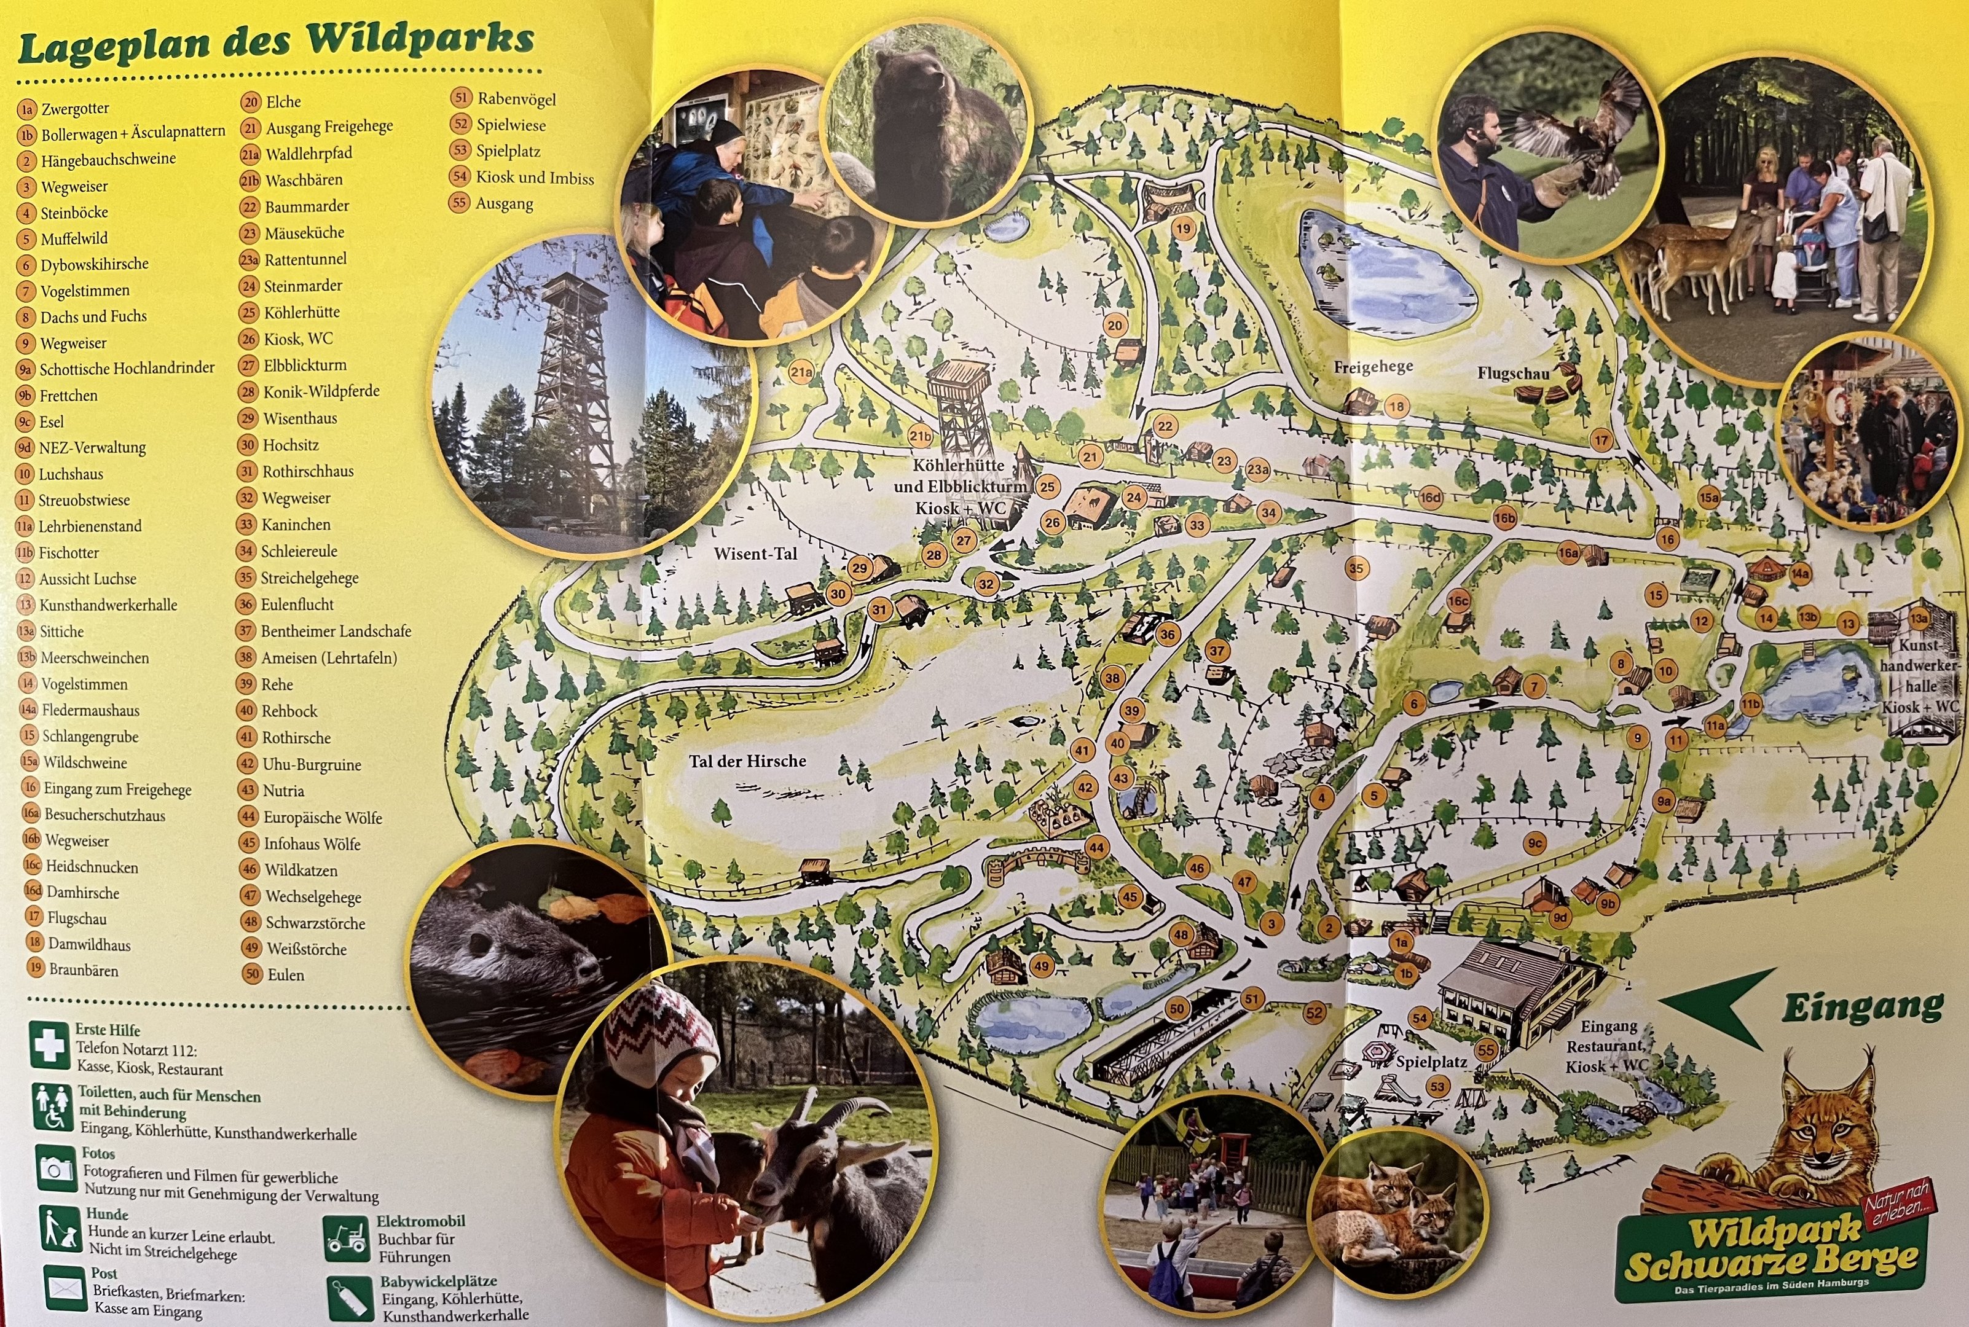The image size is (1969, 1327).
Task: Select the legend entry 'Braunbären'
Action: [83, 970]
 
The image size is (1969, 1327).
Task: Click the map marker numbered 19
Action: [1182, 229]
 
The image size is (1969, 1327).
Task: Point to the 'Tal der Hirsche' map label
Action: [747, 761]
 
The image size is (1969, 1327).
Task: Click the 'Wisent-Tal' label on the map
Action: [755, 554]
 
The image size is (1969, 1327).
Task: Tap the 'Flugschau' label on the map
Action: [1514, 374]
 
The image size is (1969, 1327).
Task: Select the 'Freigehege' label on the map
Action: [1373, 366]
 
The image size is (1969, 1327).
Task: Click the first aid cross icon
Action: [49, 1045]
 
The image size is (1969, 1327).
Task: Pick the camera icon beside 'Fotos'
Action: [56, 1168]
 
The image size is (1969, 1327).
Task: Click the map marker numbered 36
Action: [1168, 634]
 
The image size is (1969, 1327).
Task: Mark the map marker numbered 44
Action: [1096, 847]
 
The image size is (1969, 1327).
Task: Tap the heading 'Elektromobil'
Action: [421, 1221]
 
